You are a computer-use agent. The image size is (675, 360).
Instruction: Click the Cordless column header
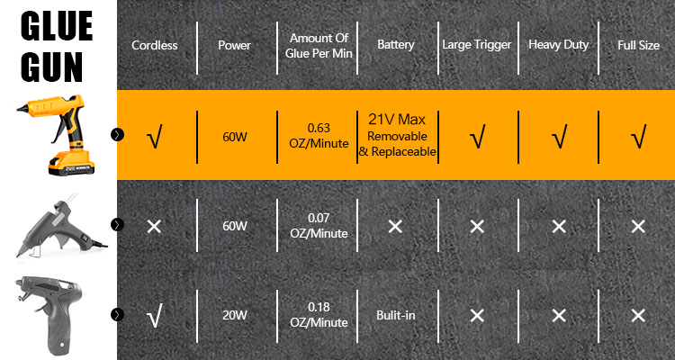click(x=154, y=44)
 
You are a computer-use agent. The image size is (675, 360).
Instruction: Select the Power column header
click(x=234, y=44)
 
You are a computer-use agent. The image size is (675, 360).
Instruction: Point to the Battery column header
click(x=395, y=44)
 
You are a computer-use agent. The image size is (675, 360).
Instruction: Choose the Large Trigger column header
click(x=476, y=44)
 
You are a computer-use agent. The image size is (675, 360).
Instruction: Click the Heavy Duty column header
click(x=558, y=44)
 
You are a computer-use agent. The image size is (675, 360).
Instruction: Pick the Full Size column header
click(x=637, y=44)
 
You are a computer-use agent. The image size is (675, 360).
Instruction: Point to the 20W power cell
click(x=234, y=316)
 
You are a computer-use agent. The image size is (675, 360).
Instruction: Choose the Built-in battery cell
click(x=395, y=316)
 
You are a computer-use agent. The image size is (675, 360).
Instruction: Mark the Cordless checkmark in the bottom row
click(x=154, y=317)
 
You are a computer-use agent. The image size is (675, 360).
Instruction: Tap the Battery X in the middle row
click(x=395, y=226)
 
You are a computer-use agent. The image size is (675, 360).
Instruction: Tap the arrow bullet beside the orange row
click(x=117, y=134)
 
